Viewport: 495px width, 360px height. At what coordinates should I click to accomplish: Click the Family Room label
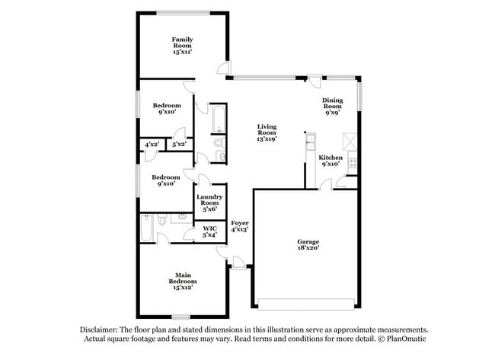(181, 45)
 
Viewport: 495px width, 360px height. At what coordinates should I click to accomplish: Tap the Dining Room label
(332, 106)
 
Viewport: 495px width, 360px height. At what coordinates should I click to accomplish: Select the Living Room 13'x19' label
(266, 132)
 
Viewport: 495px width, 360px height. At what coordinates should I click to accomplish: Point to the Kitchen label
(331, 160)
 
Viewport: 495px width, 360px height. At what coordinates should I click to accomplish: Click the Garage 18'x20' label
(308, 244)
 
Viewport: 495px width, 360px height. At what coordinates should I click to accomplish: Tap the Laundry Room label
(209, 203)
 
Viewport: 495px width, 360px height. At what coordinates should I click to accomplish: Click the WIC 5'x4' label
(209, 231)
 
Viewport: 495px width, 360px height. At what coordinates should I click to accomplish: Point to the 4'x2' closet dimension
(151, 144)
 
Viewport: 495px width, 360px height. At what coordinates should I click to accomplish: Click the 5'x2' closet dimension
(179, 144)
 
